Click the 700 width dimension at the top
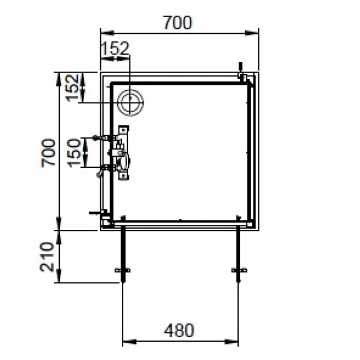click(178, 23)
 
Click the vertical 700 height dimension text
click(48, 152)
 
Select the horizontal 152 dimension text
click(115, 49)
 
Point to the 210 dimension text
click(48, 256)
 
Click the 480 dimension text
click(179, 330)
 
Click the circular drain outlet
click(131, 102)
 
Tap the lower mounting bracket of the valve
click(122, 175)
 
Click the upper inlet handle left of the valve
click(100, 137)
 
